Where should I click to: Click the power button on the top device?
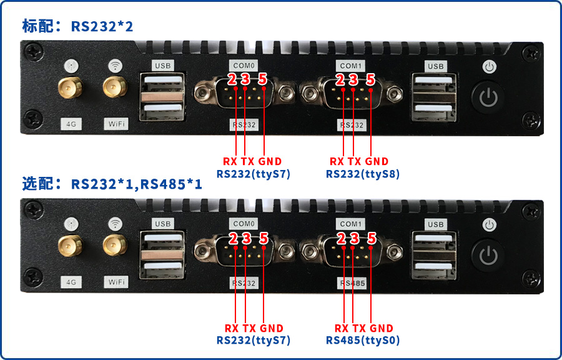[489, 98]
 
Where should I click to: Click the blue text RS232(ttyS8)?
[363, 174]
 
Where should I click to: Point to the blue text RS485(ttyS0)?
[363, 340]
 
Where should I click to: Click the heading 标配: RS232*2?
[78, 26]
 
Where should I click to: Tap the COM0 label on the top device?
[244, 66]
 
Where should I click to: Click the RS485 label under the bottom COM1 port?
[352, 283]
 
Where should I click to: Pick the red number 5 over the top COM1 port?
[370, 79]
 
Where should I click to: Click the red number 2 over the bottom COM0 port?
[233, 238]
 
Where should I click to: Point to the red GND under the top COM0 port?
[270, 161]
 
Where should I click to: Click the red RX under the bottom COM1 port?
[342, 328]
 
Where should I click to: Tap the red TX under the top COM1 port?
[355, 161]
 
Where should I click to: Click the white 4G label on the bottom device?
[71, 282]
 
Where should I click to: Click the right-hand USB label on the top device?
[435, 66]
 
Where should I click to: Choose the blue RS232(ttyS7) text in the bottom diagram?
[254, 340]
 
